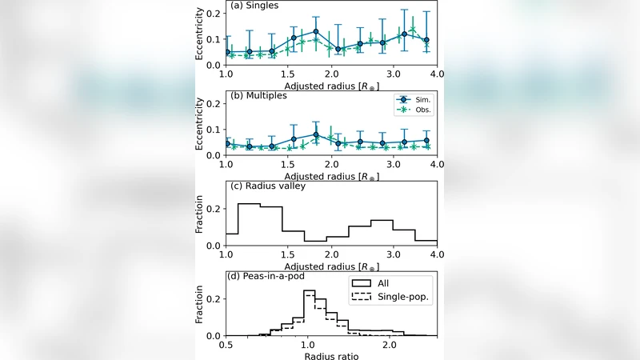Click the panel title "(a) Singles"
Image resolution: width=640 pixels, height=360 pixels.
point(254,6)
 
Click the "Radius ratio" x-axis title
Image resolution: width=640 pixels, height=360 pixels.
point(331,354)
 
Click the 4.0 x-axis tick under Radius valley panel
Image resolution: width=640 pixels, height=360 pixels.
point(437,254)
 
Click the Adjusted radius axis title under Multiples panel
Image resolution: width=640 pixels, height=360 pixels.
point(331,174)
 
